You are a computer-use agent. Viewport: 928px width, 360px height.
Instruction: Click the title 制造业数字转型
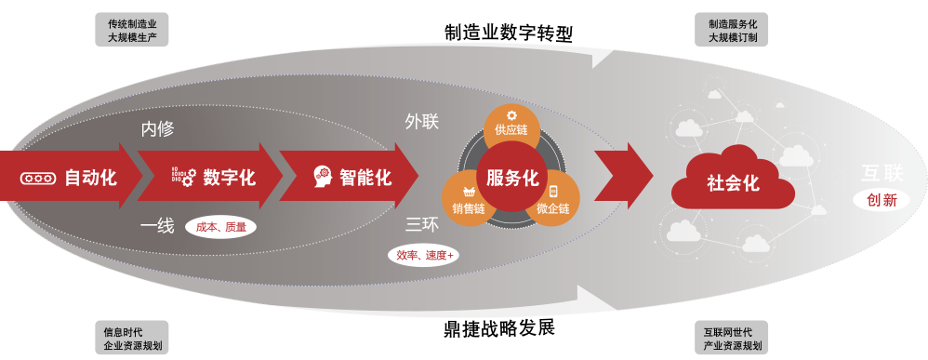pos(509,33)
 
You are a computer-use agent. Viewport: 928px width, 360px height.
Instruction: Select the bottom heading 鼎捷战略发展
pos(499,328)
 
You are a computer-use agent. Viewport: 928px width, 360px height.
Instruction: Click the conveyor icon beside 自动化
pos(38,178)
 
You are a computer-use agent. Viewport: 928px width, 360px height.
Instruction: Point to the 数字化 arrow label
pos(229,177)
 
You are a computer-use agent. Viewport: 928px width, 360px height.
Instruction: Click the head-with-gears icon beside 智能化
pos(324,177)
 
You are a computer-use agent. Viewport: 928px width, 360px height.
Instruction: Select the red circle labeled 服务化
pos(512,177)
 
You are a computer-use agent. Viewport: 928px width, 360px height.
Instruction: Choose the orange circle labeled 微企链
pos(554,199)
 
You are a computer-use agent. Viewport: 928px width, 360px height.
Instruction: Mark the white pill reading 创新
pos(882,200)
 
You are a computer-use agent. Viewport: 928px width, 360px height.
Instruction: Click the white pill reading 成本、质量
pos(220,227)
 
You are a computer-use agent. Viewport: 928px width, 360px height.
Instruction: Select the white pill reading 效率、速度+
pos(424,255)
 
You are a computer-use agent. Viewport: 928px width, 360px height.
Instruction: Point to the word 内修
pos(157,129)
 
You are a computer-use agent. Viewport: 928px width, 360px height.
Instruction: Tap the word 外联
pos(422,121)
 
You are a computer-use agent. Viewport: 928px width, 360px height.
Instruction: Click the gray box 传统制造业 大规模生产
pos(131,30)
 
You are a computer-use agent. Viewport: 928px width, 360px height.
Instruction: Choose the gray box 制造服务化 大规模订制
pos(731,30)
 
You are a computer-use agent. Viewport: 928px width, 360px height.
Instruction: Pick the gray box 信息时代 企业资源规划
pos(131,338)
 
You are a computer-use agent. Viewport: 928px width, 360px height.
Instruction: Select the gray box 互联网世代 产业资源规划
pos(731,338)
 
